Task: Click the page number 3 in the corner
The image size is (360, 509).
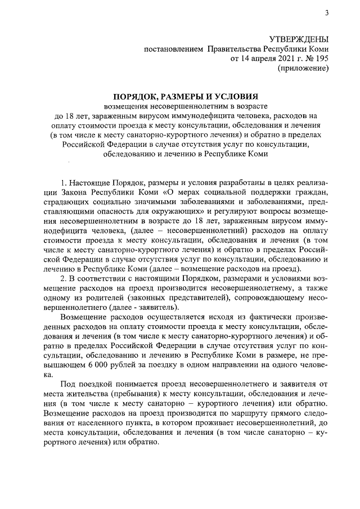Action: point(327,13)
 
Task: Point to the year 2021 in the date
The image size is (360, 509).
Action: point(276,58)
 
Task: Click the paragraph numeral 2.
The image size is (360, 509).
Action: point(63,278)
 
